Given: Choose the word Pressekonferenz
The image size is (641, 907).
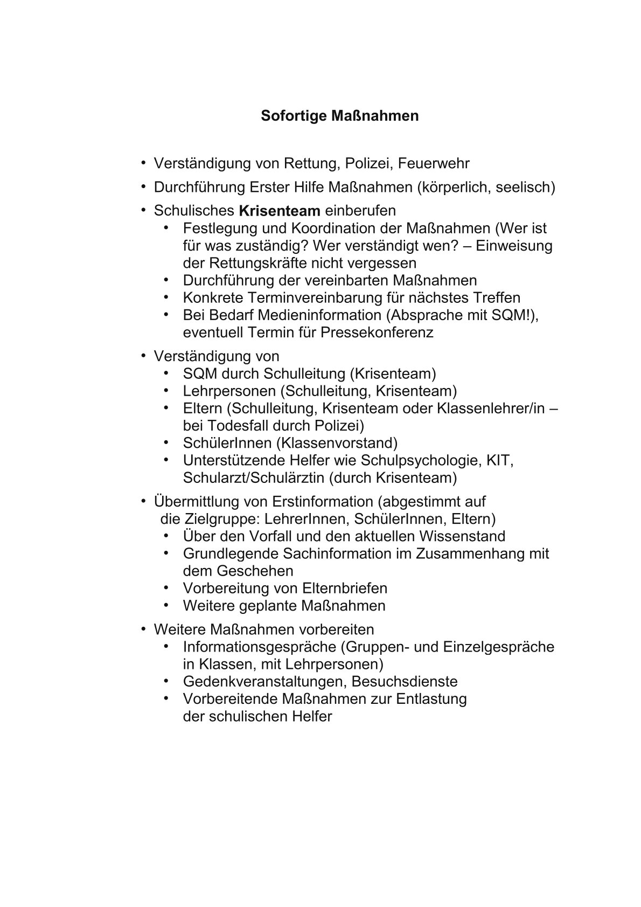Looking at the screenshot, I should [377, 332].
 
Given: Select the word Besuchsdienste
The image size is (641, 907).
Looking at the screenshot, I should [405, 681].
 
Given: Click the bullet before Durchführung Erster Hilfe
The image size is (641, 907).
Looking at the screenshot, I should [144, 186].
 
